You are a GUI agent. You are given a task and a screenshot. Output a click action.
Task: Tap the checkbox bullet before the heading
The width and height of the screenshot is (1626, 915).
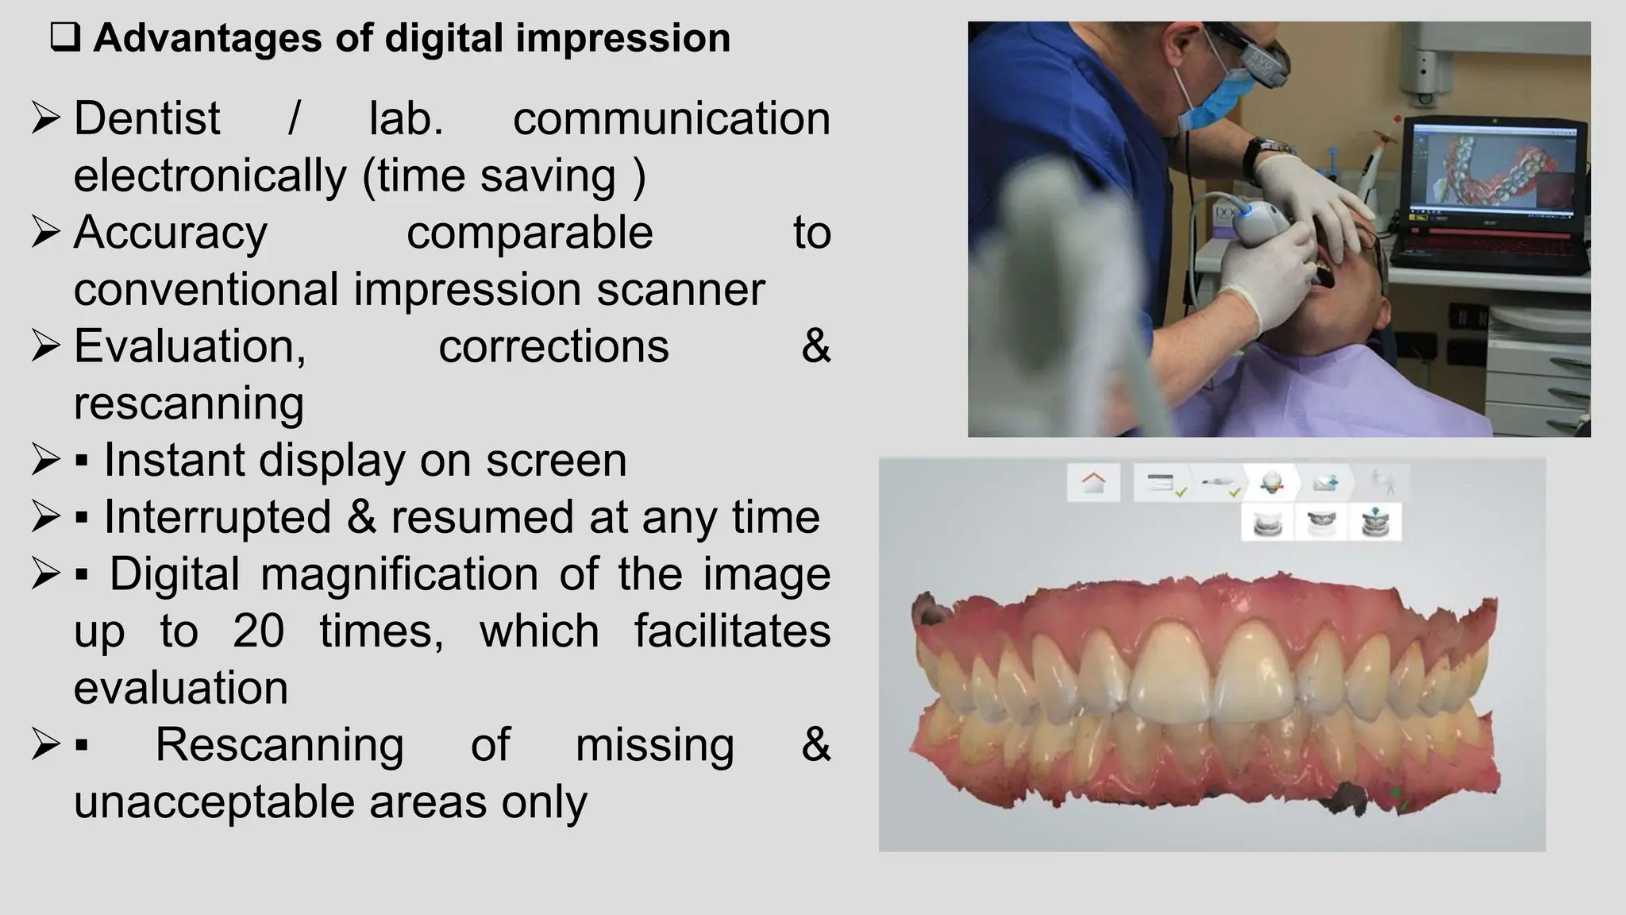click(x=65, y=38)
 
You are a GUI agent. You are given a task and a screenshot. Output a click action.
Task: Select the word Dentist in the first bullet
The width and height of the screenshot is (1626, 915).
click(x=147, y=119)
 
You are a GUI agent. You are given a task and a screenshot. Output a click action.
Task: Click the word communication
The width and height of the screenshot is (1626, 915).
click(x=671, y=119)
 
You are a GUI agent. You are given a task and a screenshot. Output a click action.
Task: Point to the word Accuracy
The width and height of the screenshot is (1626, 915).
click(x=171, y=234)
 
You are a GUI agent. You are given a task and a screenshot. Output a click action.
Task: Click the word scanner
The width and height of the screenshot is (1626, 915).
click(x=680, y=289)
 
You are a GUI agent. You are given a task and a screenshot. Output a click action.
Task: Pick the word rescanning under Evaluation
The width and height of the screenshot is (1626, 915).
click(x=189, y=403)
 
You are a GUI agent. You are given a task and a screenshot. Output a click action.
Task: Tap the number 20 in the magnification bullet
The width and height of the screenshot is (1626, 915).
click(x=258, y=631)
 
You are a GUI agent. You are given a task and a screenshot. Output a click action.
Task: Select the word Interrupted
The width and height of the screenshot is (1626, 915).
click(x=218, y=517)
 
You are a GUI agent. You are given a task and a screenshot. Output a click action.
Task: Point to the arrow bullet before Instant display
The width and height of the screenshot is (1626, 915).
click(x=45, y=461)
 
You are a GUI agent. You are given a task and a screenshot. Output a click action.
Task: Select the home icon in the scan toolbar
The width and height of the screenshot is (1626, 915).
click(x=1093, y=482)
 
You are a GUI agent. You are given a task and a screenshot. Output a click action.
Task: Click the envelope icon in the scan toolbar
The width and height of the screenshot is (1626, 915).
click(x=1324, y=482)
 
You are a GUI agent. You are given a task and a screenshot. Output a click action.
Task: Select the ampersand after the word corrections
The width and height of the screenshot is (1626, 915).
click(x=815, y=347)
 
